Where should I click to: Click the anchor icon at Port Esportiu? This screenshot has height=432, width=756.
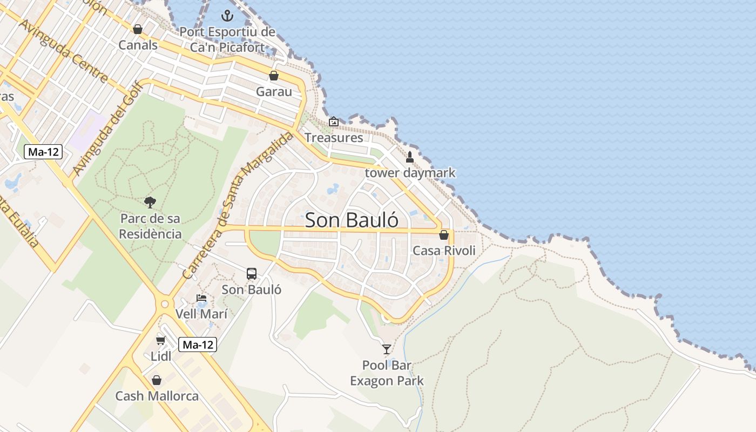(x=227, y=15)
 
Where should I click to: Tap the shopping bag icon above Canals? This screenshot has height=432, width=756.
(x=138, y=29)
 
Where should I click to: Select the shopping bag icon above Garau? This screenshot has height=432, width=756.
(x=274, y=76)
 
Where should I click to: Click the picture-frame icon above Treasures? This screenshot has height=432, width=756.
(x=334, y=122)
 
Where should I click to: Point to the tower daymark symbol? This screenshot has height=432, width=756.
(x=410, y=157)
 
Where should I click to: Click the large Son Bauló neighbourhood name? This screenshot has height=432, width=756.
(x=352, y=220)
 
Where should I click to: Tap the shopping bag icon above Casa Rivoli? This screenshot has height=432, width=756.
(x=444, y=235)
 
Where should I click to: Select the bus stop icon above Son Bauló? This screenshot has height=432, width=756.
(x=252, y=273)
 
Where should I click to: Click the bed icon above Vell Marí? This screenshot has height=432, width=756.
(x=201, y=298)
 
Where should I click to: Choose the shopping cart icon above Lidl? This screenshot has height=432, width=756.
(x=161, y=340)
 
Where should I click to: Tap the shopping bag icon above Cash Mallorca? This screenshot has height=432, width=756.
(x=157, y=380)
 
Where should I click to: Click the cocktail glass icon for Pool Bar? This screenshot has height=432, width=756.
(x=387, y=349)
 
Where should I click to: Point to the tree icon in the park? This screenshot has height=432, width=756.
(x=150, y=202)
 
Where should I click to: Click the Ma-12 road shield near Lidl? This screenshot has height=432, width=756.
(x=198, y=345)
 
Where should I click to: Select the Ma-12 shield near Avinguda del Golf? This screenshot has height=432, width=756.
(x=43, y=152)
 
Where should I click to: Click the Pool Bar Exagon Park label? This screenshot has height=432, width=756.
(x=387, y=373)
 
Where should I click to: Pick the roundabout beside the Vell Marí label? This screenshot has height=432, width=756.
(x=165, y=304)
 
